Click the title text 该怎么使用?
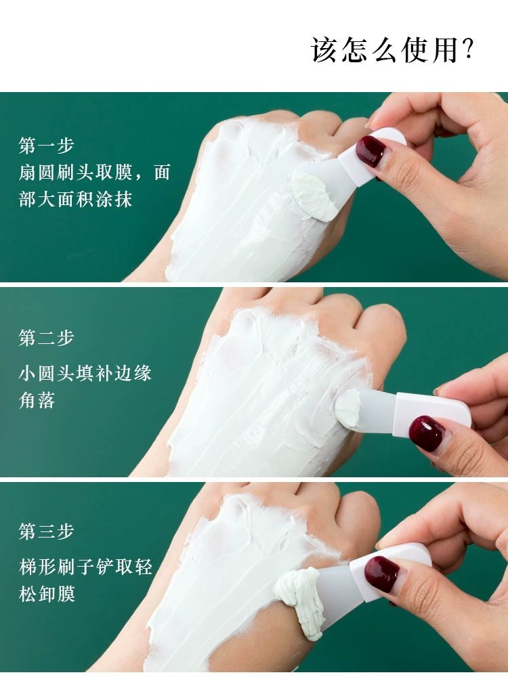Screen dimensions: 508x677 pyautogui.click(x=392, y=49)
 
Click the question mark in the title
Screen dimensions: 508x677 pyautogui.click(x=468, y=49)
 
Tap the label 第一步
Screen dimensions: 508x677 pyautogui.click(x=46, y=146)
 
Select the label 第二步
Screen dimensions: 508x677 pyautogui.click(x=46, y=338)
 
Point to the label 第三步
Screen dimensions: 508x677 pyautogui.click(x=46, y=531)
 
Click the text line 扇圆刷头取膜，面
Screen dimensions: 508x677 pyautogui.click(x=95, y=172)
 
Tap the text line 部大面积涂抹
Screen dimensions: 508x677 pyautogui.click(x=75, y=200)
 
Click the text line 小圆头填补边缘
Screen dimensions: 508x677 pyautogui.click(x=85, y=373)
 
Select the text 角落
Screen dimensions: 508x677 pyautogui.click(x=37, y=400)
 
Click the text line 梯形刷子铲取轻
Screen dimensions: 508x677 pyautogui.click(x=85, y=567)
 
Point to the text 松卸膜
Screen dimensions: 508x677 pyautogui.click(x=47, y=594)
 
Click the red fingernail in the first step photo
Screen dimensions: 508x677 pyautogui.click(x=371, y=151)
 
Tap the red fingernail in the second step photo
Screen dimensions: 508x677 pyautogui.click(x=427, y=433)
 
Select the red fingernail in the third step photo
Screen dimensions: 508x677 pyautogui.click(x=381, y=574)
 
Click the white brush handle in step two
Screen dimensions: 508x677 pyautogui.click(x=432, y=414)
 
